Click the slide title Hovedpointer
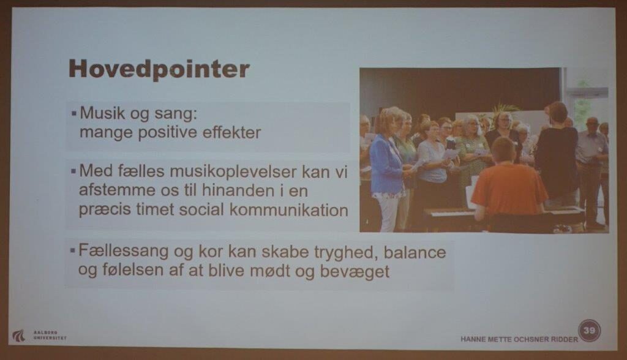click(x=159, y=69)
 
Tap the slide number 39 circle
click(x=589, y=331)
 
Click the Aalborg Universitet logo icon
click(x=18, y=336)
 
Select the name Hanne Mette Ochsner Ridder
click(x=519, y=339)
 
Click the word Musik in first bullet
click(x=102, y=113)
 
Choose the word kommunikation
click(x=289, y=210)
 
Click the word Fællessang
click(x=124, y=252)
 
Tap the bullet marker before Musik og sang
click(x=74, y=114)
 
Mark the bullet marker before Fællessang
click(x=73, y=251)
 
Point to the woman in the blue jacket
click(x=385, y=168)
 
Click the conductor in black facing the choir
click(x=557, y=152)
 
